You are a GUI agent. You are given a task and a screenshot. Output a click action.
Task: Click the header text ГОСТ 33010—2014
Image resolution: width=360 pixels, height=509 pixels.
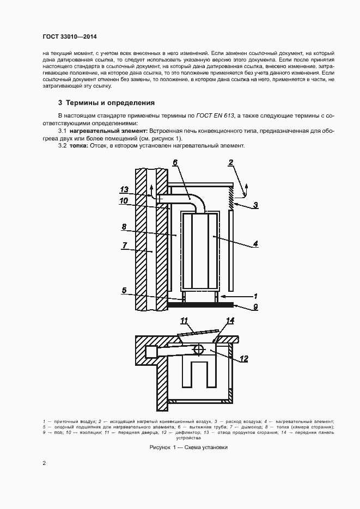coord(69,36)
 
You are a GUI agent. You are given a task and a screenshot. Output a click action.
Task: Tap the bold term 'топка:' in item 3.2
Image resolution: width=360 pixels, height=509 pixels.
coord(80,145)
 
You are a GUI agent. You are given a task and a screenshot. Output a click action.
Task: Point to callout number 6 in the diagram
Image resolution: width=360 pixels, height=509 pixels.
coord(175,163)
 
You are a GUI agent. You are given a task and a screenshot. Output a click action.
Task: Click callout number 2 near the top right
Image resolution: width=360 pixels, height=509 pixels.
coord(231,162)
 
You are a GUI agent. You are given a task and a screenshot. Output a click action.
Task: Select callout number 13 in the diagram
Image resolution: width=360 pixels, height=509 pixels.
coord(124,189)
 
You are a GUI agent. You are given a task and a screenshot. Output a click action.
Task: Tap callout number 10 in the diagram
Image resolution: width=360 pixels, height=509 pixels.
coord(124,200)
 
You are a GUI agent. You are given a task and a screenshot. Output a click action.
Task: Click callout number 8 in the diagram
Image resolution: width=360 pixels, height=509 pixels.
coord(124,226)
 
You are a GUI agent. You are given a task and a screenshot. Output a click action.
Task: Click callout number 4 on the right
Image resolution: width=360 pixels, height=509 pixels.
coord(255,244)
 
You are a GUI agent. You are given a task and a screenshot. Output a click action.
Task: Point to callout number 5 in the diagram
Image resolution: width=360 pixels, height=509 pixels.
coord(124,291)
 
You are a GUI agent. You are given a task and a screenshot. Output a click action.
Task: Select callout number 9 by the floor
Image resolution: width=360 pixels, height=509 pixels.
coord(255,306)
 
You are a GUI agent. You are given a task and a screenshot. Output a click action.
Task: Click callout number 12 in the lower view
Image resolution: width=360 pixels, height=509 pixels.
coord(244,358)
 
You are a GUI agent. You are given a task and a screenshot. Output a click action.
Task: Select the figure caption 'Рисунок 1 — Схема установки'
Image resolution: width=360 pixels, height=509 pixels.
coord(188,447)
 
